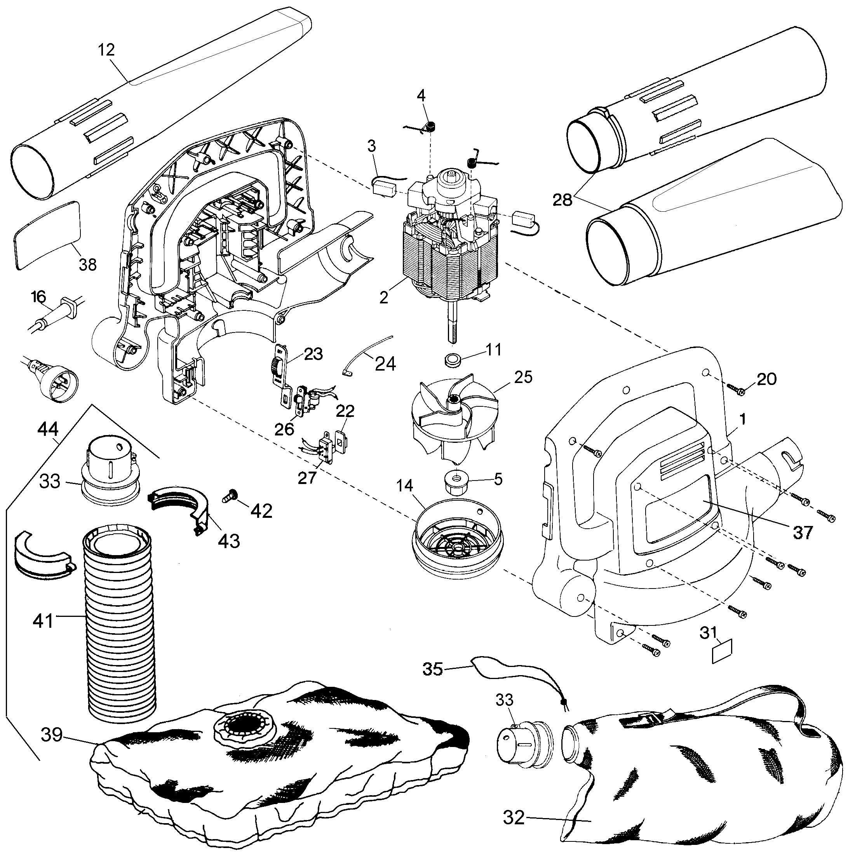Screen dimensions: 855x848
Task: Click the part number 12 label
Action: click(x=106, y=50)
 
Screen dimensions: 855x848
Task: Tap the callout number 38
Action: click(x=87, y=265)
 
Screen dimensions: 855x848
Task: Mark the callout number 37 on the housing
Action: click(x=803, y=532)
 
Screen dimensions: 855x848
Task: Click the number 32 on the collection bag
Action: click(x=514, y=817)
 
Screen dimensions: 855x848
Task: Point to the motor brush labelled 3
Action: click(x=384, y=185)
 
